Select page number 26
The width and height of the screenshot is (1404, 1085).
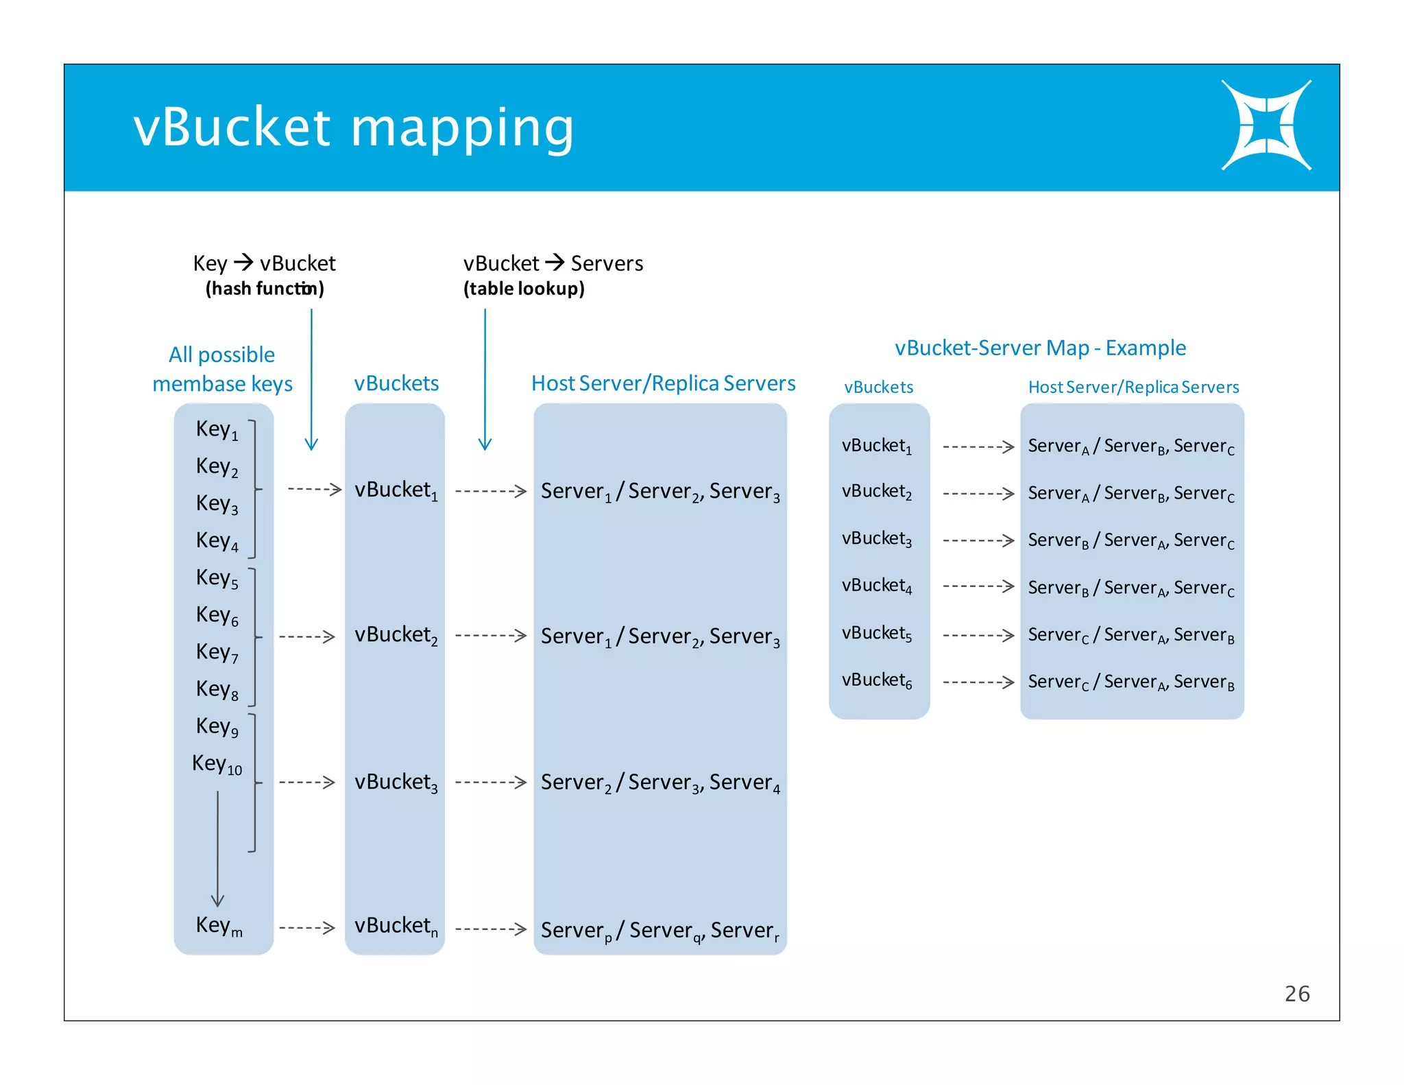coord(1296,994)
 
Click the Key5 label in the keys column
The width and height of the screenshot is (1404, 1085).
coord(217,578)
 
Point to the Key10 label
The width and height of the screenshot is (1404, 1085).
coord(217,764)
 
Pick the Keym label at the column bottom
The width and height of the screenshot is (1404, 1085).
coord(219,926)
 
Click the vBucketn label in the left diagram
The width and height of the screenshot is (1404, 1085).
coord(396,927)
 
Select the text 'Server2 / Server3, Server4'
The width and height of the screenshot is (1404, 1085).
coord(659,783)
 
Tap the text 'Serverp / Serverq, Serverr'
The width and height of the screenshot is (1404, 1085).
coord(659,931)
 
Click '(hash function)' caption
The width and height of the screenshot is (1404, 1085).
coord(265,289)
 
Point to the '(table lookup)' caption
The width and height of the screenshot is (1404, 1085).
coord(524,289)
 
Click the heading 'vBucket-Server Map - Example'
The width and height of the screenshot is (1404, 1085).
coord(1040,348)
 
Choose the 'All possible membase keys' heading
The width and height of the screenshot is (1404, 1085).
coord(222,369)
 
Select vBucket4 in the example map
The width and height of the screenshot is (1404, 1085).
coord(877,586)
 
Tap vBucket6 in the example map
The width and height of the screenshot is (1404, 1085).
coord(877,680)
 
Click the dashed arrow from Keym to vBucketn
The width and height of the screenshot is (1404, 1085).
coord(306,928)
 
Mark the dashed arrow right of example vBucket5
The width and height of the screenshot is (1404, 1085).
coord(978,635)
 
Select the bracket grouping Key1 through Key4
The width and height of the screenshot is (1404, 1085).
coord(253,489)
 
